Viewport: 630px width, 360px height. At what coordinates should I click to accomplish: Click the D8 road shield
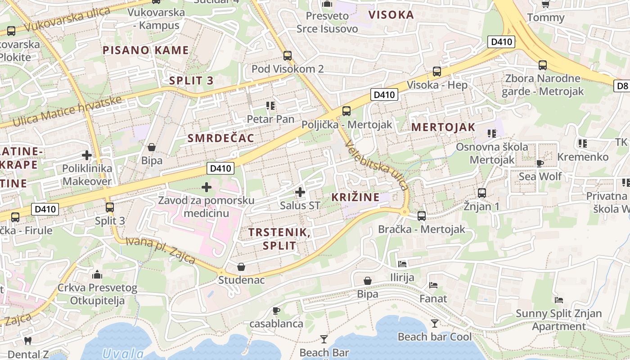622,85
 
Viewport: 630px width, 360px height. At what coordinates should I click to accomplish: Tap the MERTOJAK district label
443,127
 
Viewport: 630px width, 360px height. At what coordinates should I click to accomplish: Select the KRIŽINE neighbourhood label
355,197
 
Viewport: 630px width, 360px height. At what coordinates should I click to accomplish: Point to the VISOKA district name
391,15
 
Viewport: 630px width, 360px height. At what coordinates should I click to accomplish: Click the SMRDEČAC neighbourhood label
221,138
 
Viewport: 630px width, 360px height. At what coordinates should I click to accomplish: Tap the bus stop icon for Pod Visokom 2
288,56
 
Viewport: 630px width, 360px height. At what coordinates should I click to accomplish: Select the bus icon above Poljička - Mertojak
346,111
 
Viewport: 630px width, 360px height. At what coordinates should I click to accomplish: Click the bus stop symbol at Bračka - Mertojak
422,216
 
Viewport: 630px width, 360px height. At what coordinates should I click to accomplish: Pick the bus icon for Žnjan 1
482,193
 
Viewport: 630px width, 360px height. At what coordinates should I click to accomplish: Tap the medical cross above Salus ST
300,193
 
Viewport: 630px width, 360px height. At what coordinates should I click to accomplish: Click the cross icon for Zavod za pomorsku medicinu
207,187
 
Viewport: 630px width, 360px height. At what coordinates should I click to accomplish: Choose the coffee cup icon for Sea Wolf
540,163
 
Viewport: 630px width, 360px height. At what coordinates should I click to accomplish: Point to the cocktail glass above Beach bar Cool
434,323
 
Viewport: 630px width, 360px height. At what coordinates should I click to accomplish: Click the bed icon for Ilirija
402,264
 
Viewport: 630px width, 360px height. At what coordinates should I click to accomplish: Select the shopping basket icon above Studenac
241,267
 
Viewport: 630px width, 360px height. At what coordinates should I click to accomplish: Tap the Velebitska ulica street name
378,165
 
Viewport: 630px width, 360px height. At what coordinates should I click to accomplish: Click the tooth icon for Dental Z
27,341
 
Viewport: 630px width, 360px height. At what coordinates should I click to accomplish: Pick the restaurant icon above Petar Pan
270,106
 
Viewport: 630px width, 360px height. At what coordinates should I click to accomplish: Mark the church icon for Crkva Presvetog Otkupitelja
97,274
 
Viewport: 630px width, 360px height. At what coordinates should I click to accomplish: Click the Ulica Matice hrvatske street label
67,111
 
